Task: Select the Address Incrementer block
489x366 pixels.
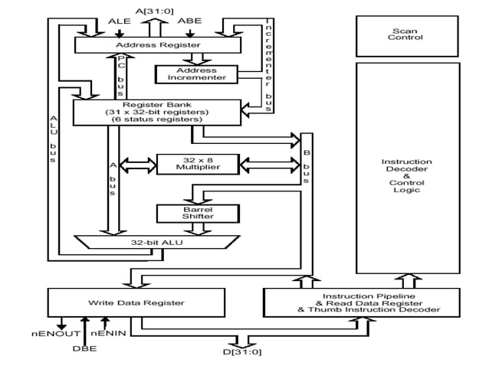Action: [x=186, y=74]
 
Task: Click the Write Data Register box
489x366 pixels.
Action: [x=137, y=303]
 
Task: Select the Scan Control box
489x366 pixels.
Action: [x=407, y=34]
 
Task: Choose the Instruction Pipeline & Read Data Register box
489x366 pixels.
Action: [x=361, y=303]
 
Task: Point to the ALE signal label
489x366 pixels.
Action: [x=120, y=21]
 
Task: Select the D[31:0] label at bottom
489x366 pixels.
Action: [x=244, y=352]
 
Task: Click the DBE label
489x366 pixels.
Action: [x=85, y=349]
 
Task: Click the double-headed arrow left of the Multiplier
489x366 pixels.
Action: [x=138, y=162]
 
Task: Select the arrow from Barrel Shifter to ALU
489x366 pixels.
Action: [x=186, y=228]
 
